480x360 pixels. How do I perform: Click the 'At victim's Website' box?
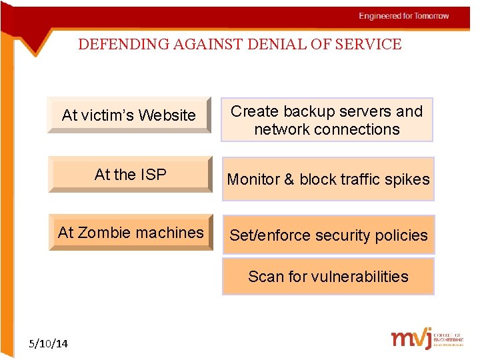129,115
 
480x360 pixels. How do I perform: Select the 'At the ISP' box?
130,175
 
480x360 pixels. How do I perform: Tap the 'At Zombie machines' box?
131,233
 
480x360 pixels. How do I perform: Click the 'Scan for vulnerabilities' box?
328,277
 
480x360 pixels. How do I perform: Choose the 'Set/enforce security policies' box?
328,235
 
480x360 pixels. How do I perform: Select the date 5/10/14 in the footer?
49,343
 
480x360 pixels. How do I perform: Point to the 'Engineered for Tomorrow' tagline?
404,16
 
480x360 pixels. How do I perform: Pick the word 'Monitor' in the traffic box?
253,179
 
